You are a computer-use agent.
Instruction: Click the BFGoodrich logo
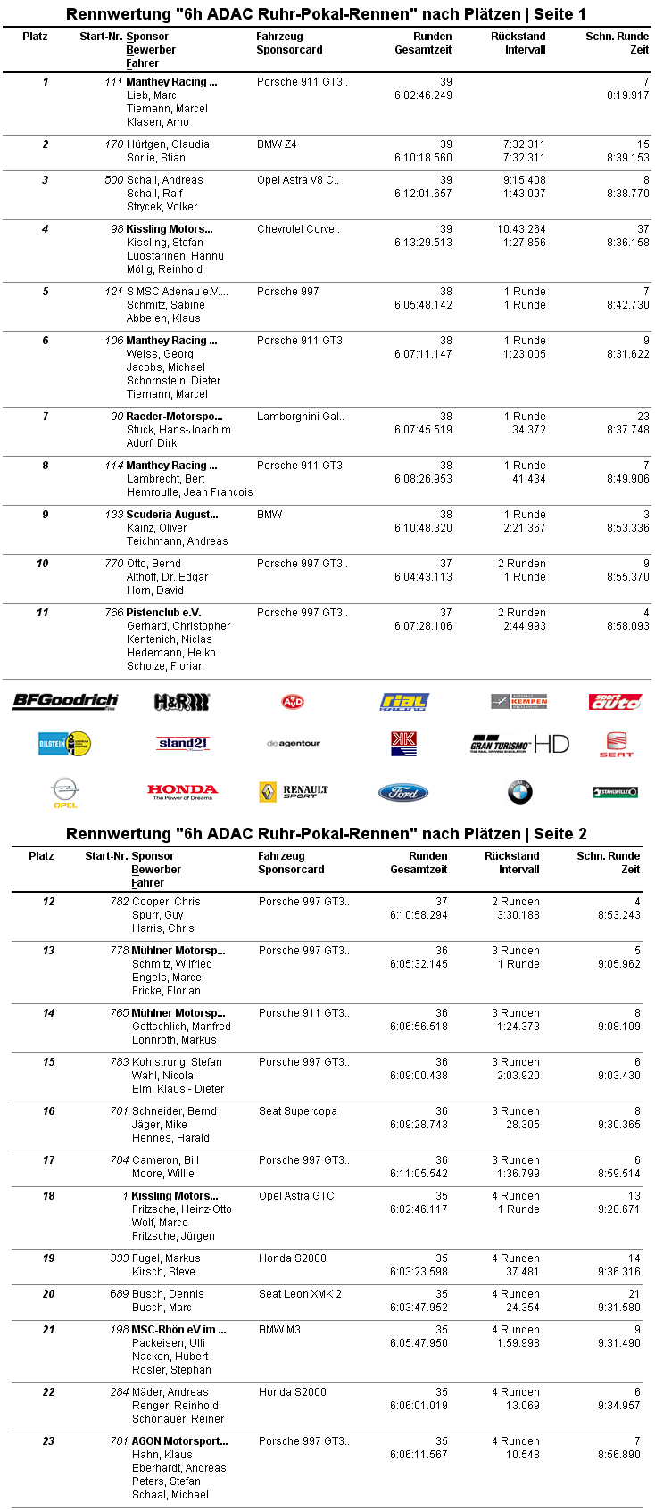65,701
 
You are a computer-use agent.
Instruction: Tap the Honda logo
182,791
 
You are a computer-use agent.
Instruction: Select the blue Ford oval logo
403,792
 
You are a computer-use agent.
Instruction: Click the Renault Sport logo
293,791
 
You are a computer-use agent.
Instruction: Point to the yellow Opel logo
65,792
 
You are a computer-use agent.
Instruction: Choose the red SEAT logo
616,744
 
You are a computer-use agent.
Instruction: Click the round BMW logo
519,791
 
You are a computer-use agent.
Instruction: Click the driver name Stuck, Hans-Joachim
178,430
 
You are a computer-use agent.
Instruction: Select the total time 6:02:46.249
423,95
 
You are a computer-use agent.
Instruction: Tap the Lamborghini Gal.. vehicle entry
300,417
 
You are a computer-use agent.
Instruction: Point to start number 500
113,180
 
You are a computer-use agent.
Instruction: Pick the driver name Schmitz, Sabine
165,305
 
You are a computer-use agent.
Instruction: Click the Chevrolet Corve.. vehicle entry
298,229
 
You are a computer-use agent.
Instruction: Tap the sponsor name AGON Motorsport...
179,1441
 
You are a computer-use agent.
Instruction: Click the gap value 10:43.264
521,229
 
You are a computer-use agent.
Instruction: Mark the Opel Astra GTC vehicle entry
295,1196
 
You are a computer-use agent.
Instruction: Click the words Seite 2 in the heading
560,834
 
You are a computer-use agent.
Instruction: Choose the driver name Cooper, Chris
166,902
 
